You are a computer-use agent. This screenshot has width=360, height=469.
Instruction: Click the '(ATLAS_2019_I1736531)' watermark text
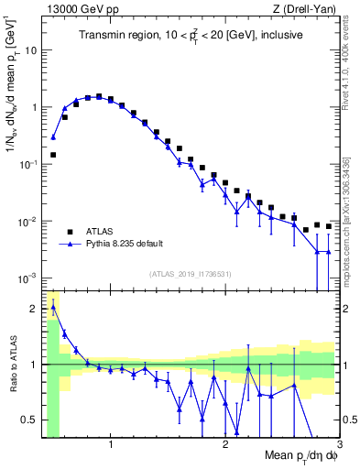coord(191,273)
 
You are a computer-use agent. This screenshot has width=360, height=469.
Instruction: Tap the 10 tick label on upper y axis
coord(31,49)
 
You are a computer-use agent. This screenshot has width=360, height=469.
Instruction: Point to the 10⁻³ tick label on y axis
coord(27,278)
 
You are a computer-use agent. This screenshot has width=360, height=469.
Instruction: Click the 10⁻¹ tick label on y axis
coord(27,163)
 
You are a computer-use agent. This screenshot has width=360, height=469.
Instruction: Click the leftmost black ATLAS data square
coord(53,155)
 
